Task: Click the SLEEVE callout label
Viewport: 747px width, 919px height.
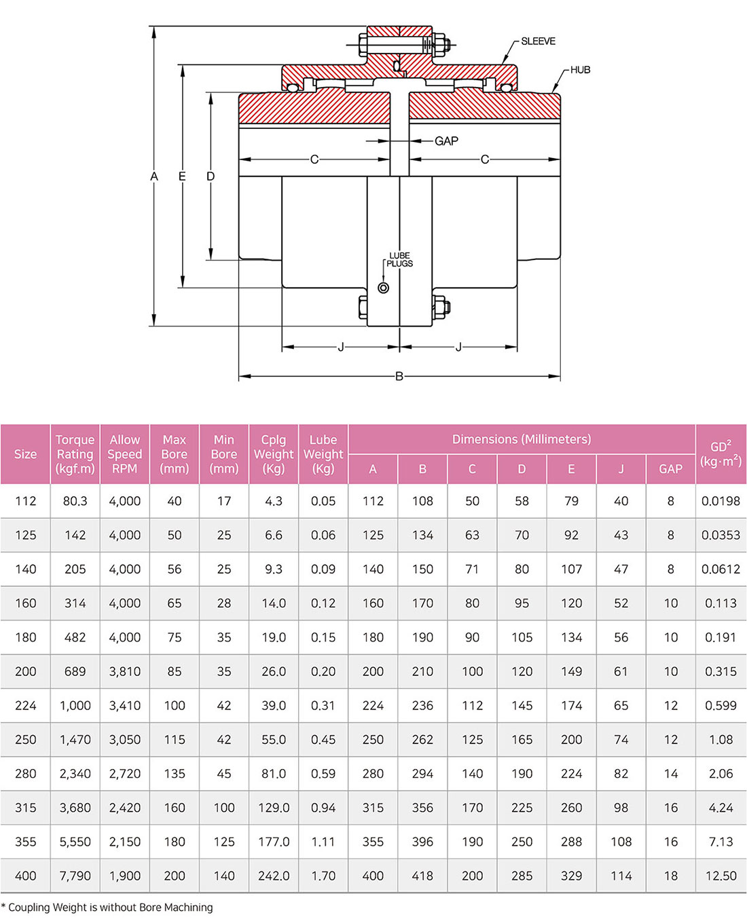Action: pos(538,41)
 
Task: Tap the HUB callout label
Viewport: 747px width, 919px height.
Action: pos(580,70)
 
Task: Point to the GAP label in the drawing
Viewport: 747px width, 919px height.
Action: pos(446,141)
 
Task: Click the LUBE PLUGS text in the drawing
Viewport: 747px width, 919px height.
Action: pos(399,259)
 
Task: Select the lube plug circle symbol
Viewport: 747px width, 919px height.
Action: pos(383,288)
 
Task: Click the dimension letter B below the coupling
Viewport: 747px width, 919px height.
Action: pos(399,376)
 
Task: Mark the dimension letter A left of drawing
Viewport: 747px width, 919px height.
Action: pos(154,176)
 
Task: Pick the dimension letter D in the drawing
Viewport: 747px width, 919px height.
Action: pos(211,176)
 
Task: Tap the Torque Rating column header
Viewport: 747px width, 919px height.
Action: pos(75,454)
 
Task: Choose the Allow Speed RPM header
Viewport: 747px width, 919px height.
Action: pos(125,454)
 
